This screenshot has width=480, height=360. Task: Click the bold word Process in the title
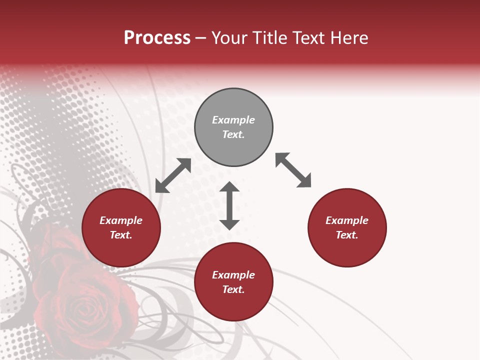tap(157, 38)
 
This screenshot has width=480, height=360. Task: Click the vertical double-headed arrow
tap(229, 205)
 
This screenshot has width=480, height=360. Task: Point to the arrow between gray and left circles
tap(173, 175)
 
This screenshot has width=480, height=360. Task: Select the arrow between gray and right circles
tap(293, 170)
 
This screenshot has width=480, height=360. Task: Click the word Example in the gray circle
tap(233, 120)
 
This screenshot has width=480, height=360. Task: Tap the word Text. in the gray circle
tap(233, 134)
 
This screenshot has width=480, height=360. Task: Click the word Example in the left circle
tap(121, 220)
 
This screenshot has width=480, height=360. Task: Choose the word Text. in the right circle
tap(347, 235)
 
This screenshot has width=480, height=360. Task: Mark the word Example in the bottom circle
tap(233, 275)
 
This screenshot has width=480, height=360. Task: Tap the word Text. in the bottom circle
tap(233, 289)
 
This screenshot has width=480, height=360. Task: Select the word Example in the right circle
tap(347, 220)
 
